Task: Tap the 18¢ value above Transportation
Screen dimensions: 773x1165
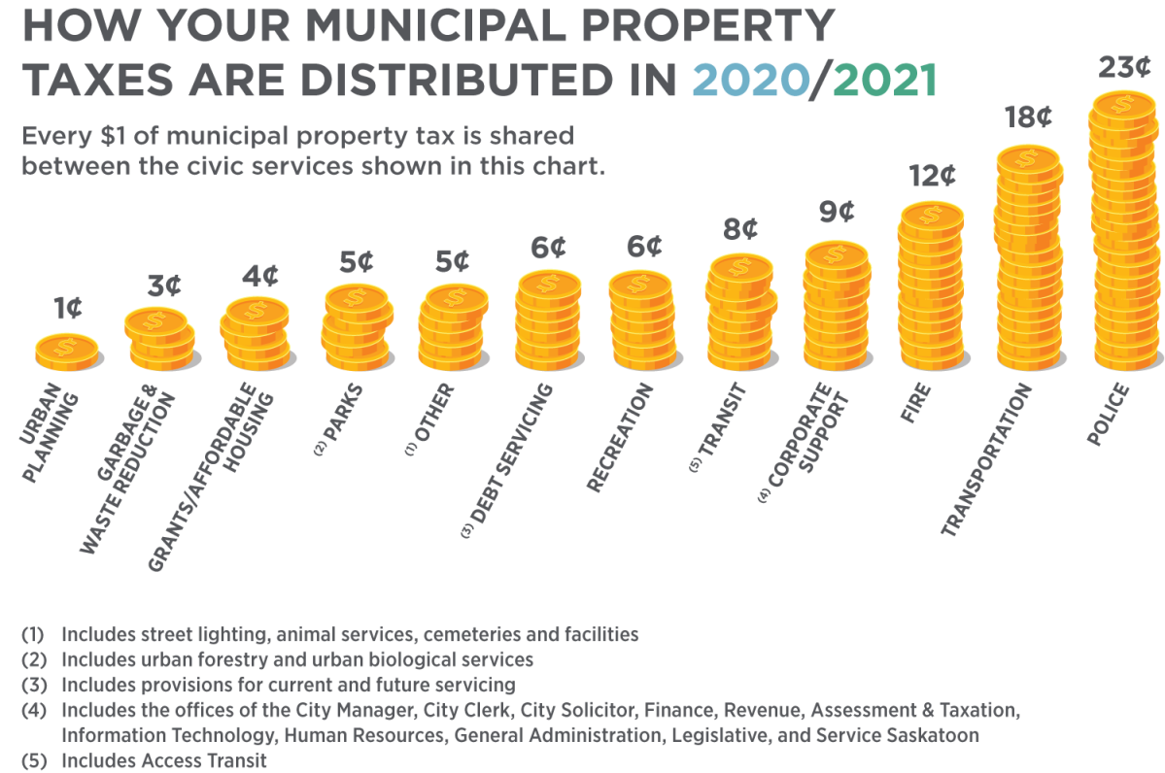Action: (1028, 119)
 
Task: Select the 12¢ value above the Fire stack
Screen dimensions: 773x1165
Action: (932, 177)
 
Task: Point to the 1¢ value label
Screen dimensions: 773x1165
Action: (67, 309)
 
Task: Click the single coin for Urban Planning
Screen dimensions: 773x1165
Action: (67, 351)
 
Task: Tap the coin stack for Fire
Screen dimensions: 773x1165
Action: (931, 286)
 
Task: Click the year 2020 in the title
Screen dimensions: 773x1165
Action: (749, 80)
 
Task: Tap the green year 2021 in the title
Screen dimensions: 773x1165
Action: (885, 80)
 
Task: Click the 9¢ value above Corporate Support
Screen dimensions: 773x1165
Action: (836, 212)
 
